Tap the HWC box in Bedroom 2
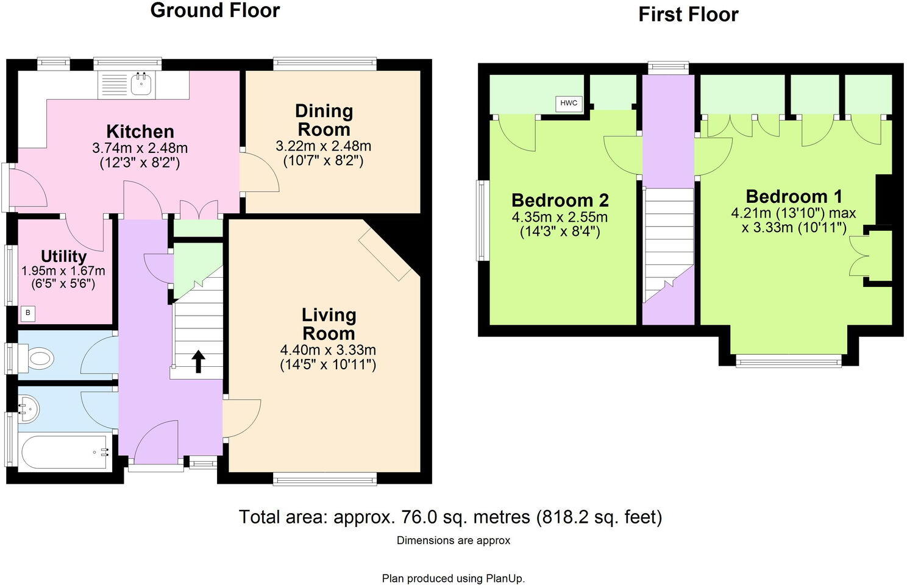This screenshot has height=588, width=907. (x=568, y=103)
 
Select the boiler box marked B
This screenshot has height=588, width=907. (x=27, y=314)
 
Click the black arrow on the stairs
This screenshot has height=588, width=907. (x=198, y=361)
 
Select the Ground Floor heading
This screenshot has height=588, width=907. (x=215, y=10)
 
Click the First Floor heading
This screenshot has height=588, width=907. (x=688, y=15)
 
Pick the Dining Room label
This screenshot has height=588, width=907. (x=324, y=120)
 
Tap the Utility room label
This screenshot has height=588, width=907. (x=63, y=256)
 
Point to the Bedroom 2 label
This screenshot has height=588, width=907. (x=560, y=200)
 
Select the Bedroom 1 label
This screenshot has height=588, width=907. (x=794, y=196)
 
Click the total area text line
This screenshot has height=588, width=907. (x=450, y=517)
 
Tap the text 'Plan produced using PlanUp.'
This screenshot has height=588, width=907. (x=453, y=578)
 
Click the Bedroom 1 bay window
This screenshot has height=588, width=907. (x=788, y=363)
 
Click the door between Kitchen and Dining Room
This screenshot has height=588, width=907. (x=259, y=174)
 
